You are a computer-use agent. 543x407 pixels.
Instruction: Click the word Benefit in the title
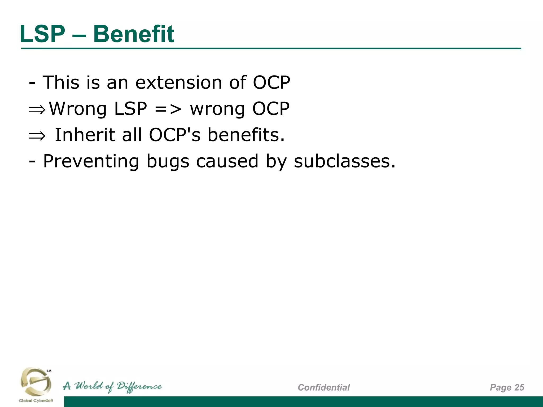(x=134, y=34)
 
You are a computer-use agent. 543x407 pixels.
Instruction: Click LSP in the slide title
(x=42, y=34)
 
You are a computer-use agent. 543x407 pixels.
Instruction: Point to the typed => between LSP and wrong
(x=168, y=109)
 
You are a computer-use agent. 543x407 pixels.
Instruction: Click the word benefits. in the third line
(x=246, y=135)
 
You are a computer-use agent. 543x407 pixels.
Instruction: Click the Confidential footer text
(x=323, y=387)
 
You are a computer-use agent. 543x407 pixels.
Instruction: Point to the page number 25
(x=519, y=387)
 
